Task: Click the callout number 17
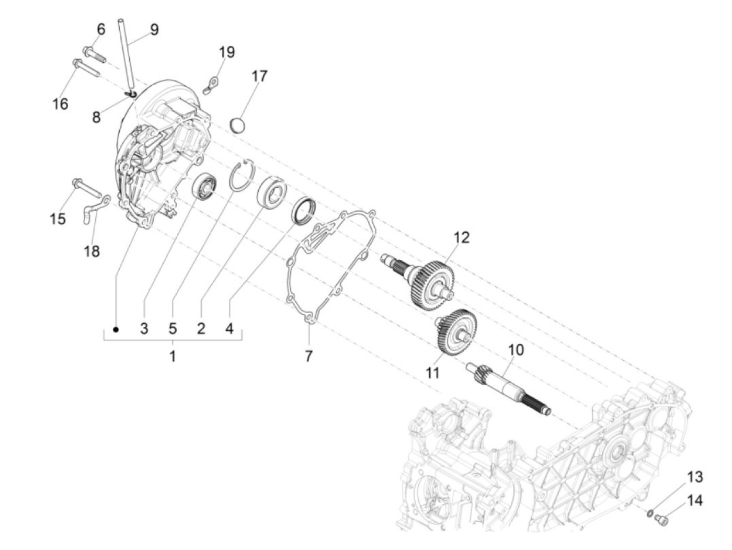(x=259, y=76)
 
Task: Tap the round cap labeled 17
(x=238, y=126)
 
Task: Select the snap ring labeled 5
(x=242, y=177)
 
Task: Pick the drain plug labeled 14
(x=661, y=520)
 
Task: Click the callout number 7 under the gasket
(x=309, y=357)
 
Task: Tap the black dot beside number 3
(x=116, y=329)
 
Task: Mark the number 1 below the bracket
(x=173, y=357)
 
